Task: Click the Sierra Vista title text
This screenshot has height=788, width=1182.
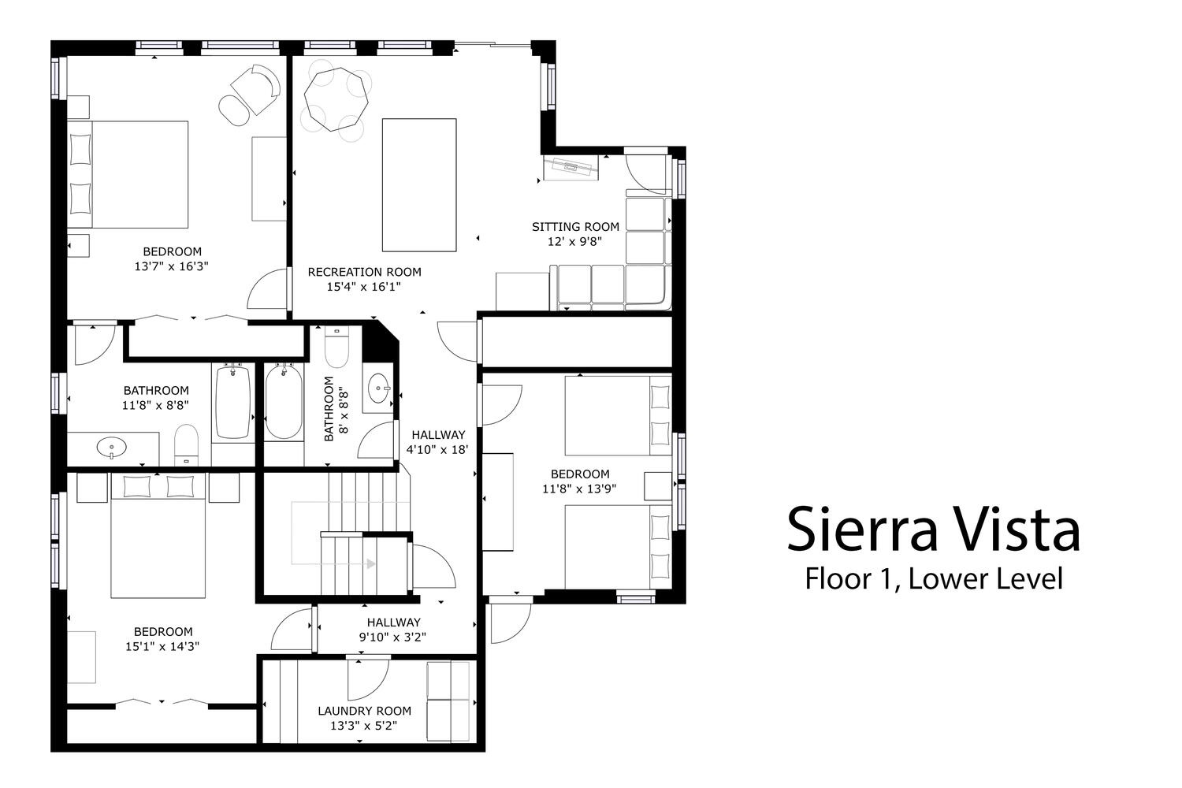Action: point(933,529)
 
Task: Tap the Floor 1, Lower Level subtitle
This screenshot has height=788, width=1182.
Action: point(934,578)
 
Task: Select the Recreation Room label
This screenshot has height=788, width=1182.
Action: point(365,273)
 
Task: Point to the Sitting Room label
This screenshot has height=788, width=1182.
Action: point(575,227)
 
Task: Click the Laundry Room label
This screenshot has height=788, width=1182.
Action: point(365,711)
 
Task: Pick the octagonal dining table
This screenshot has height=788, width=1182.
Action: point(336,98)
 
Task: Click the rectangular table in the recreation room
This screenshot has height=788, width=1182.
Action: point(419,184)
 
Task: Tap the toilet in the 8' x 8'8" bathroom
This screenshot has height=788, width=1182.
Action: point(336,347)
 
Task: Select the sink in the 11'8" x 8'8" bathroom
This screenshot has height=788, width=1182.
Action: point(112,448)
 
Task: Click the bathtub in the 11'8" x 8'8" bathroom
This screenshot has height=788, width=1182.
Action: point(232,402)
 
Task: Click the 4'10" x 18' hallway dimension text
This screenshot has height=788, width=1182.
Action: point(437,450)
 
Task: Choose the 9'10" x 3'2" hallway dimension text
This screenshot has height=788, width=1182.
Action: point(392,637)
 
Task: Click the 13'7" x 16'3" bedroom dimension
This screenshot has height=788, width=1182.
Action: point(172,266)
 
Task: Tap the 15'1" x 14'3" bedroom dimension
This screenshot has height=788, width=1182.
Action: point(162,646)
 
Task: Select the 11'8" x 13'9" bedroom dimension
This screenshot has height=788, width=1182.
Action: point(579,489)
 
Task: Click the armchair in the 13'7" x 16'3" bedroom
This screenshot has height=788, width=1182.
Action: point(256,88)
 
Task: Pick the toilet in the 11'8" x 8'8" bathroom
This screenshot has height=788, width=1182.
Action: point(186,445)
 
